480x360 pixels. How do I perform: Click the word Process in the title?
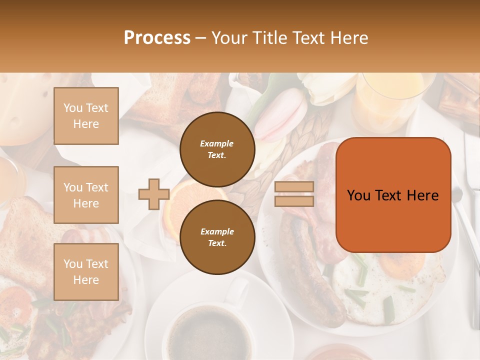[x=157, y=38]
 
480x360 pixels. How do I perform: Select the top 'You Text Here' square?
[x=86, y=116]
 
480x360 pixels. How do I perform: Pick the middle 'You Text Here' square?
[x=86, y=195]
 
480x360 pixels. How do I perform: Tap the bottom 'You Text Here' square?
[x=86, y=271]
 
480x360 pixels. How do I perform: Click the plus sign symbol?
[x=153, y=194]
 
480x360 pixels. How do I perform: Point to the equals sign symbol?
[x=294, y=194]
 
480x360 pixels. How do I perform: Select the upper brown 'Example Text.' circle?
[x=217, y=149]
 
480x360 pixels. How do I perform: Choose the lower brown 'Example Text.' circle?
[x=217, y=237]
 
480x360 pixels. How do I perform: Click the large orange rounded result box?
[x=393, y=195]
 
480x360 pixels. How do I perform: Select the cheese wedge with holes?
[x=22, y=107]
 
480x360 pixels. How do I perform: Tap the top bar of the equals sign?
[x=294, y=187]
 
